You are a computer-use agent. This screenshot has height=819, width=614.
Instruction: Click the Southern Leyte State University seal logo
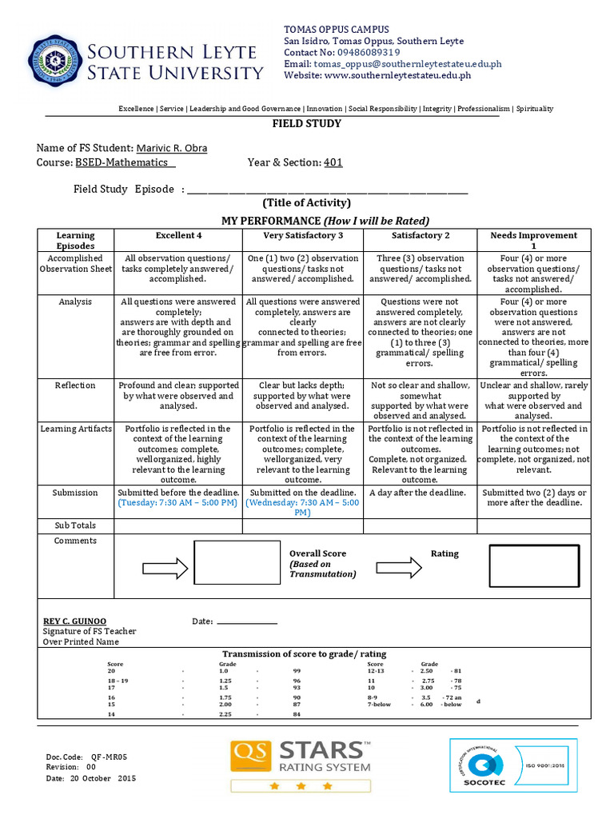55,61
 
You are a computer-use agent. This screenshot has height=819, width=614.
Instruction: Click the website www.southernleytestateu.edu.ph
397,75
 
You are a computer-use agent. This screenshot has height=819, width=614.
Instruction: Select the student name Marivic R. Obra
171,148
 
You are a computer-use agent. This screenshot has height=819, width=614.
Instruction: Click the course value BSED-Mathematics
122,162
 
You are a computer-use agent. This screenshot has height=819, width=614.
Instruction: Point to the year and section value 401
333,162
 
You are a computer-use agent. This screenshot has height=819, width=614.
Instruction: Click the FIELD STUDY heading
307,124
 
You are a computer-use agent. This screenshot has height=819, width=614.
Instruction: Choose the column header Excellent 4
178,235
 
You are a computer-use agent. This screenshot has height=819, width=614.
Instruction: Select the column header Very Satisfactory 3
303,235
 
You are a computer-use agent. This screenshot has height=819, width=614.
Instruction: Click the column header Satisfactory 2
421,235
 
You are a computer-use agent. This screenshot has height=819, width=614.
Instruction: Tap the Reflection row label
75,386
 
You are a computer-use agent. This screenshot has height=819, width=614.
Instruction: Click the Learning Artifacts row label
76,429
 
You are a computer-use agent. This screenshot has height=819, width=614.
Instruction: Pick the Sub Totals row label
75,525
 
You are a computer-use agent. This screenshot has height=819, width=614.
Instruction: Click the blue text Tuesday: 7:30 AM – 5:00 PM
177,503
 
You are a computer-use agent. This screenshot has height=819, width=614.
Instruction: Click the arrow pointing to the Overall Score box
165,568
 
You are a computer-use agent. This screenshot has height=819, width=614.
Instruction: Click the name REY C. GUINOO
74,621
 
